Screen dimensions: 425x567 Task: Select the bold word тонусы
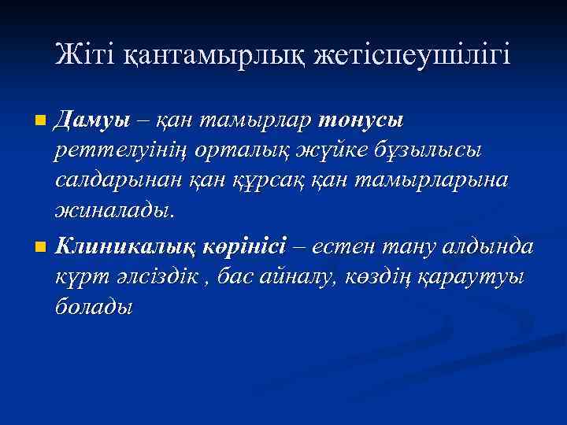[x=361, y=120]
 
